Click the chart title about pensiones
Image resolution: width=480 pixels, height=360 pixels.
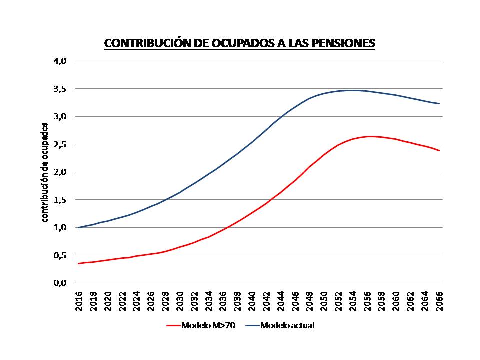[239, 43]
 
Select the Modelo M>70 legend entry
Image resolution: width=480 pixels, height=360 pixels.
[200, 325]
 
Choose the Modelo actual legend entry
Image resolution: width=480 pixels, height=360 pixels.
[280, 325]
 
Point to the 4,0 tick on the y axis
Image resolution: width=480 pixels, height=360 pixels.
[60, 61]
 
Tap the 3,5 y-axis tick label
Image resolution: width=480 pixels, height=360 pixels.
[60, 89]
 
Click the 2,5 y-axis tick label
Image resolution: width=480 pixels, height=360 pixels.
[60, 144]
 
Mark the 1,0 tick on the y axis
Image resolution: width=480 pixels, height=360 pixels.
[60, 227]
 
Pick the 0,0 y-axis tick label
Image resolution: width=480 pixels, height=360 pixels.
[60, 283]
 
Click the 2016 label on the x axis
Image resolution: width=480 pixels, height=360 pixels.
[79, 300]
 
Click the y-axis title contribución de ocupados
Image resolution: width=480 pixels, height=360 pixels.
[44, 172]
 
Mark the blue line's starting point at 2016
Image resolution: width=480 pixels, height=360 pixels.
[79, 227]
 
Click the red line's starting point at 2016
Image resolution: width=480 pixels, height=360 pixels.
[79, 263]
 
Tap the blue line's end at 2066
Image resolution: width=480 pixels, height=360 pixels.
[439, 103]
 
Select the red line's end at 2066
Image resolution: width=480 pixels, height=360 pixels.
[439, 150]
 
